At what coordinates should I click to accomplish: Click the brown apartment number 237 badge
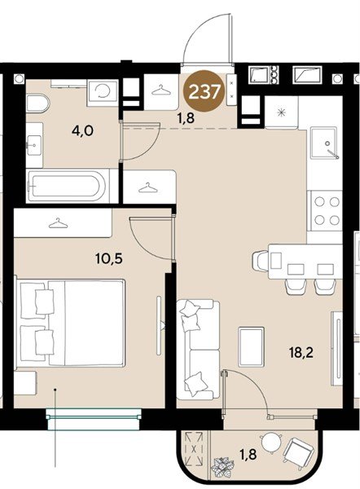[x=204, y=91]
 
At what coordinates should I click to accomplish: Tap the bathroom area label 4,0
[x=82, y=131]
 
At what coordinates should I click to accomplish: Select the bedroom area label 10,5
[x=109, y=258]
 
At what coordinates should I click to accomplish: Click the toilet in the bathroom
[x=37, y=104]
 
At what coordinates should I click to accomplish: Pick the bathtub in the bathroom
[x=68, y=186]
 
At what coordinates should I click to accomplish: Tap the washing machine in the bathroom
[x=103, y=92]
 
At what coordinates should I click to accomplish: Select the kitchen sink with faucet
[x=324, y=143]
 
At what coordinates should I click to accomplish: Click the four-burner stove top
[x=327, y=211]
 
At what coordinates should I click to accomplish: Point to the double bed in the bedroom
[x=71, y=323]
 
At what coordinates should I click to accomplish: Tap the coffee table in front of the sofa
[x=251, y=347]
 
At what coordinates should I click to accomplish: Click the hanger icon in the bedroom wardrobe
[x=58, y=223]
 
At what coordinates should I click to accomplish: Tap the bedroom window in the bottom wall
[x=94, y=419]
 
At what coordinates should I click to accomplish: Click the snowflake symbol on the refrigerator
[x=282, y=112]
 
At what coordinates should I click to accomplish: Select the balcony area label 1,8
[x=248, y=455]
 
